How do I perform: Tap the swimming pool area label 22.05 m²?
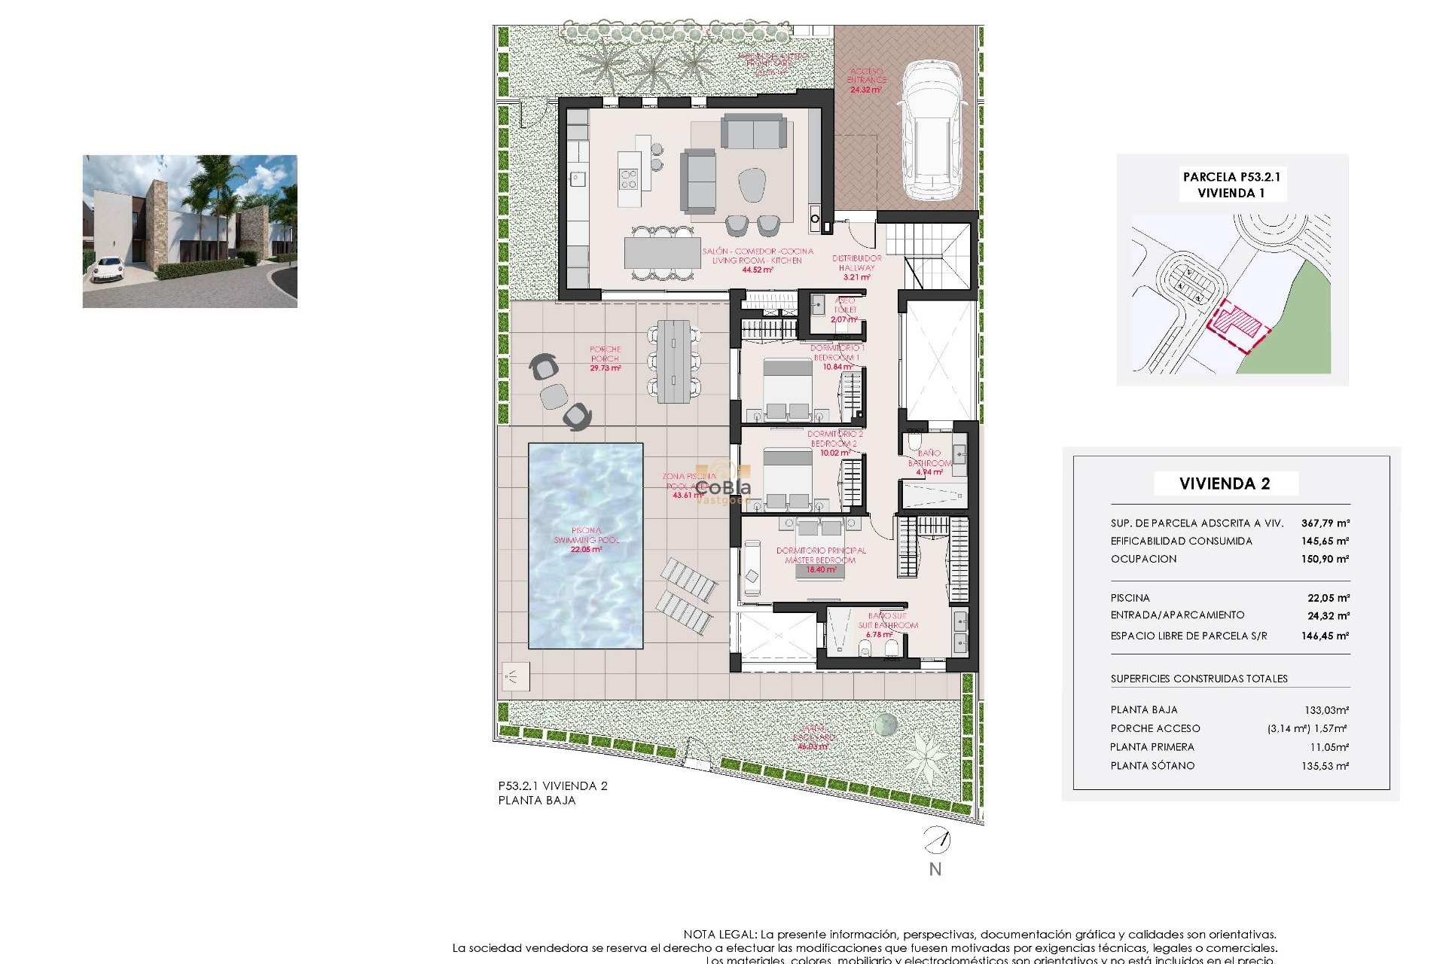pyautogui.click(x=586, y=550)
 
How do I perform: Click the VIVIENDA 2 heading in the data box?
pyautogui.click(x=1225, y=484)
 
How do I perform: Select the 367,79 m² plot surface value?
pyautogui.click(x=1325, y=523)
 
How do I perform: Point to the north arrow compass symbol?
pyautogui.click(x=937, y=839)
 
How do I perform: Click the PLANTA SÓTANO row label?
pyautogui.click(x=1152, y=766)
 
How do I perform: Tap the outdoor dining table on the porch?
pyautogui.click(x=673, y=361)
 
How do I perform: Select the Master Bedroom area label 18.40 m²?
pyautogui.click(x=821, y=570)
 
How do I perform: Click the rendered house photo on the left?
pyautogui.click(x=190, y=231)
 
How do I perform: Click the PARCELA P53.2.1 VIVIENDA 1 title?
pyautogui.click(x=1231, y=185)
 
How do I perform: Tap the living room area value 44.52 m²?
pyautogui.click(x=757, y=270)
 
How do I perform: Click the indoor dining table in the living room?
pyautogui.click(x=663, y=252)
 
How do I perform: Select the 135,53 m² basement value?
pyautogui.click(x=1326, y=766)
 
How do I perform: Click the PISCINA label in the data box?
pyautogui.click(x=1130, y=598)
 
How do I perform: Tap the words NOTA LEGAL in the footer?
pyautogui.click(x=719, y=935)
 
